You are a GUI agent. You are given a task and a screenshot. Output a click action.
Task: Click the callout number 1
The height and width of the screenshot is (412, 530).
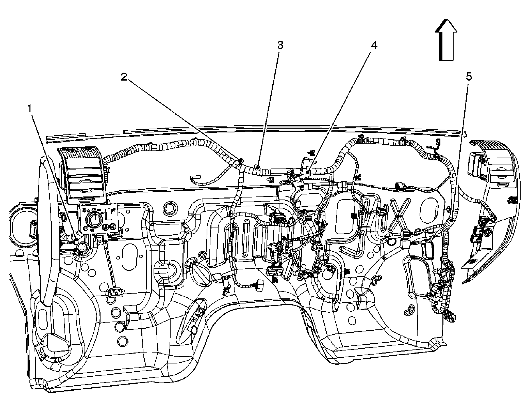click(x=30, y=109)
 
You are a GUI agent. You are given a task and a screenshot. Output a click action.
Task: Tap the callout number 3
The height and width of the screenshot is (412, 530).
click(x=280, y=45)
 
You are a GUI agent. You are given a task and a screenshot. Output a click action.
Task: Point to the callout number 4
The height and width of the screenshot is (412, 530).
click(x=374, y=45)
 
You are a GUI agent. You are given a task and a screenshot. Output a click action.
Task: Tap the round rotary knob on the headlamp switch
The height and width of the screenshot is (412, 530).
click(x=94, y=219)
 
